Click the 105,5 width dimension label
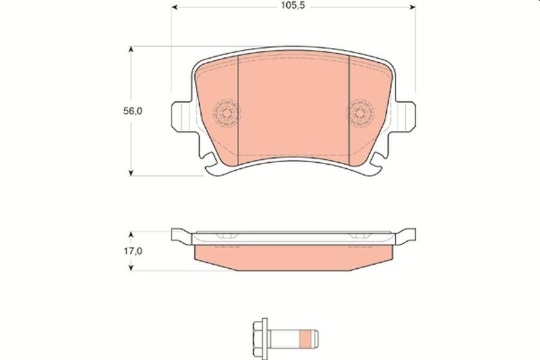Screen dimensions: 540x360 (x=293, y=6)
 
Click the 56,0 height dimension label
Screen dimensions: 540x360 (x=132, y=111)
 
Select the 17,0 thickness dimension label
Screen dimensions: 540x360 (x=133, y=251)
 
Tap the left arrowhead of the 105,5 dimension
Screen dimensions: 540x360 (x=174, y=7)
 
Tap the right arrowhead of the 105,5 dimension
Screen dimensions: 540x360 (x=412, y=7)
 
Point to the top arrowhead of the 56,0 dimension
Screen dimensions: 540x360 (x=130, y=49)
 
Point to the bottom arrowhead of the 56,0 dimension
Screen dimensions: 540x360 (x=130, y=173)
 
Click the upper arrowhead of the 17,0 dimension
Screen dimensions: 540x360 (x=130, y=234)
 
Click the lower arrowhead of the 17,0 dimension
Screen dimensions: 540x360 (x=130, y=267)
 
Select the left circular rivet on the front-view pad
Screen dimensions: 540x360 (x=226, y=113)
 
